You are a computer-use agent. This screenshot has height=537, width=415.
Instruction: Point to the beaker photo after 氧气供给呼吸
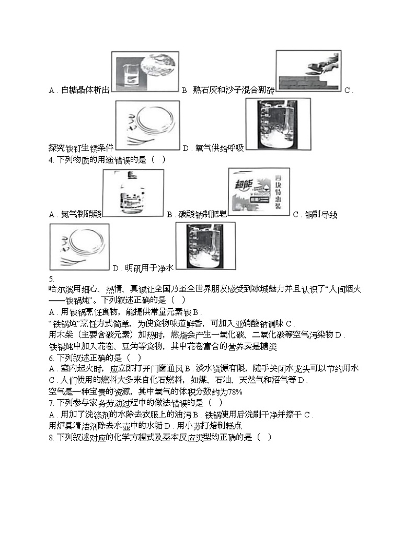pos(277,124)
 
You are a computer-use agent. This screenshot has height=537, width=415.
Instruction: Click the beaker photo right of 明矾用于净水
pos(205,246)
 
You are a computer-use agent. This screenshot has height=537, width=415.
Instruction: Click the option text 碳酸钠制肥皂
pos(202,214)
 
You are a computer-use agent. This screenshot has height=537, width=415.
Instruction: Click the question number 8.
pos(50,437)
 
